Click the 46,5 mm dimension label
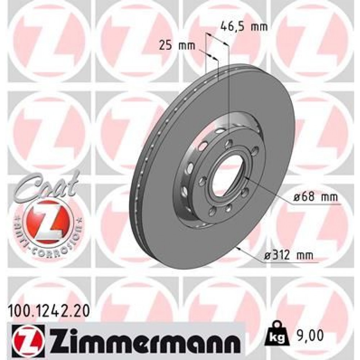tap(244, 27)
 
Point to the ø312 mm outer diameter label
tap(288, 256)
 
